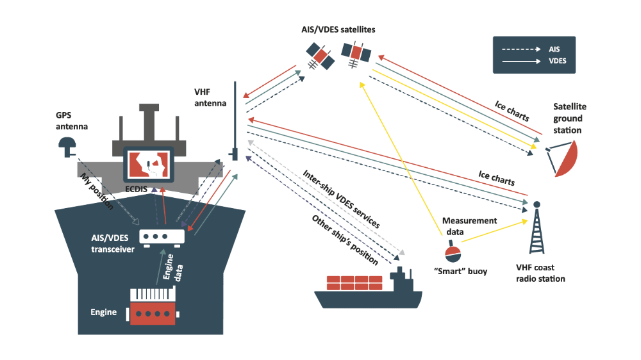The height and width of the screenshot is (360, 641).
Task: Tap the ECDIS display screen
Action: (149, 166)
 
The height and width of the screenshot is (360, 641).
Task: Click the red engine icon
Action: (153, 306)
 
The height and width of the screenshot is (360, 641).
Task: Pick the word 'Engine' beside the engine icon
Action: (103, 313)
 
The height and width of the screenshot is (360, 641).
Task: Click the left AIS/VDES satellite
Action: (319, 56)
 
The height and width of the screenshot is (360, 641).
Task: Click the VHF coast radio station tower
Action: (537, 228)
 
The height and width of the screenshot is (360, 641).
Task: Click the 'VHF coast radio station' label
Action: (540, 274)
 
